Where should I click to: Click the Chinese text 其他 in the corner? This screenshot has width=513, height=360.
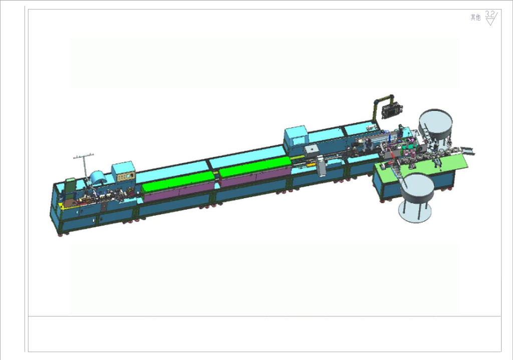476,18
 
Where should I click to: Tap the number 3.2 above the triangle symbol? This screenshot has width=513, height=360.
489,15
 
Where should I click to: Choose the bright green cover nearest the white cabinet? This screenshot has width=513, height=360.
255,167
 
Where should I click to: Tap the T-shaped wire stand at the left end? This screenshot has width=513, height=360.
84,165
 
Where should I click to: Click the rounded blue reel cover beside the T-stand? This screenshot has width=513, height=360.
101,179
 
